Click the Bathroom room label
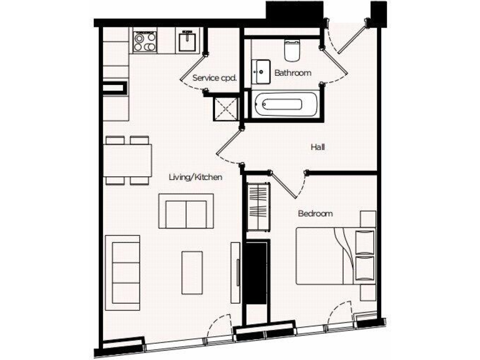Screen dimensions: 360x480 [x=292, y=73]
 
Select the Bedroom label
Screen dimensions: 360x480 [x=315, y=214]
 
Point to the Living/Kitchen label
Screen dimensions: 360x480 [x=196, y=177]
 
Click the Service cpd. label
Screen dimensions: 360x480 [x=214, y=78]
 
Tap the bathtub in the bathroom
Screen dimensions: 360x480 [x=286, y=103]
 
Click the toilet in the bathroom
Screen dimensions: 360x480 [x=292, y=48]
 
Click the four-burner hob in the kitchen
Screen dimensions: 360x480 [x=144, y=41]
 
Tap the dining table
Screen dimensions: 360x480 [x=128, y=161]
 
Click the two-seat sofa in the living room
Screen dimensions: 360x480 [x=186, y=211]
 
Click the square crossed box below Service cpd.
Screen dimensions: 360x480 [x=227, y=109]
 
